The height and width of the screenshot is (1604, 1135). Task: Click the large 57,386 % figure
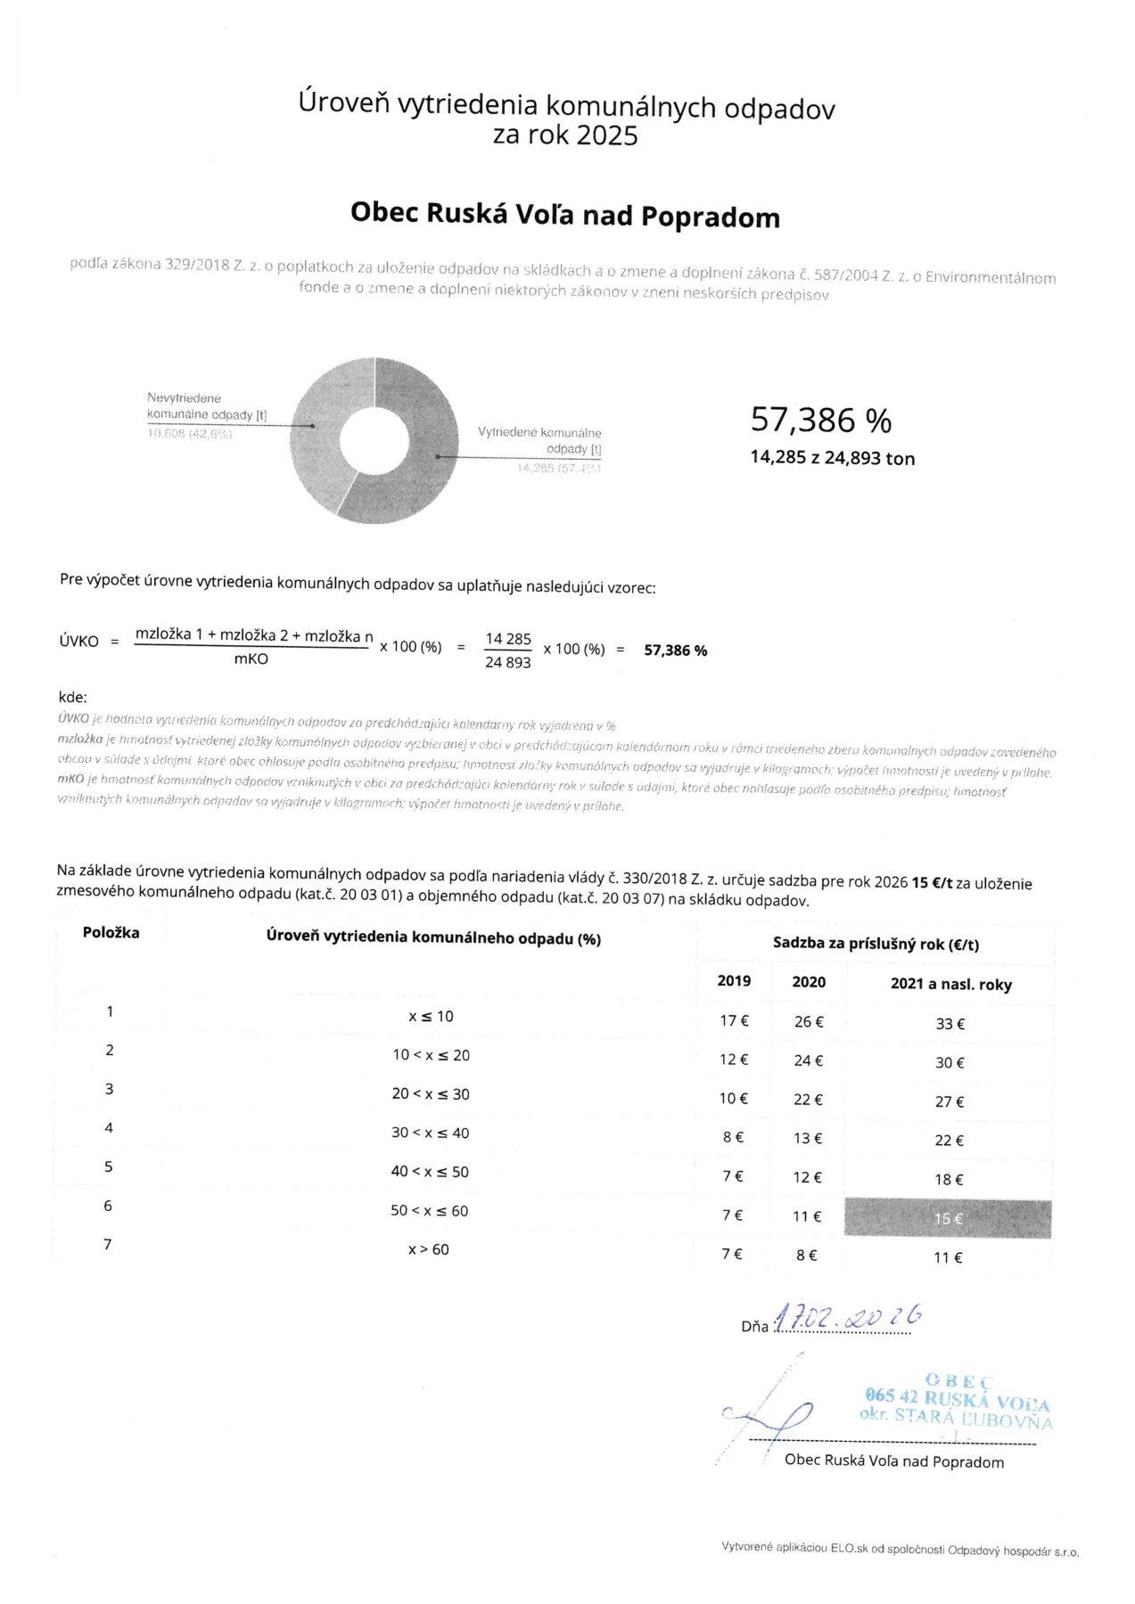(820, 419)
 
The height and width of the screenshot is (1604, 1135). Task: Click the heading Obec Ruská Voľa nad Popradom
(564, 215)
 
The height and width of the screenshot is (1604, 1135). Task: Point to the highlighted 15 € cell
(948, 1218)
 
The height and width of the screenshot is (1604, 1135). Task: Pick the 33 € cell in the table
(950, 1024)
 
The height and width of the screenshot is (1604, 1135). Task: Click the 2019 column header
(734, 981)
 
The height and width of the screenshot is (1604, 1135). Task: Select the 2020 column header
(808, 982)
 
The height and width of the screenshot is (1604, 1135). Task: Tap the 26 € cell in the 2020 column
(808, 1021)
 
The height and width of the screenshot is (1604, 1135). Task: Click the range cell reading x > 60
(429, 1249)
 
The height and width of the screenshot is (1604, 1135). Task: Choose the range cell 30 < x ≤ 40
(430, 1133)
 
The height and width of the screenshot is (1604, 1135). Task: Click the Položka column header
(111, 933)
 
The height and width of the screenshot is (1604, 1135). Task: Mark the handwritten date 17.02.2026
(847, 1320)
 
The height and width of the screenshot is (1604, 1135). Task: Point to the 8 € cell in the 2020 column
(806, 1255)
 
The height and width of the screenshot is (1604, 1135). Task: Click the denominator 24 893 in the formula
(507, 662)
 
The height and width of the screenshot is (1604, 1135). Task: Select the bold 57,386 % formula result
(675, 651)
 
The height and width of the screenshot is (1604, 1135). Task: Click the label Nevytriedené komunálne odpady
(206, 406)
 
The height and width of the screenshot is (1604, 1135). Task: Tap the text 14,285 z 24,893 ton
(832, 458)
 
